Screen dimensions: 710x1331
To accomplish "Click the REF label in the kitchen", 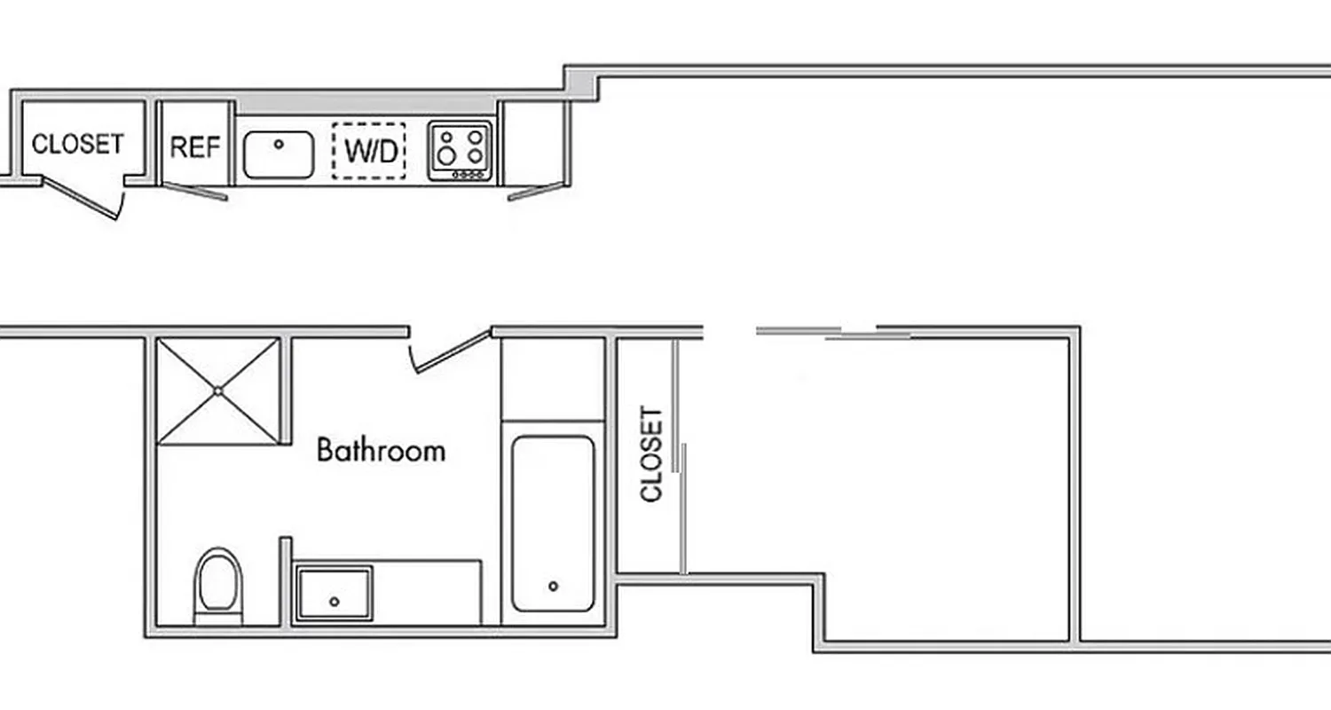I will (x=194, y=146).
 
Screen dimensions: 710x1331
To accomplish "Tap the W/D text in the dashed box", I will (x=371, y=152).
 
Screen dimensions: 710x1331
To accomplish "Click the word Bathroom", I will (x=381, y=450).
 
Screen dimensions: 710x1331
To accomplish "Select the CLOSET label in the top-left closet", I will (x=78, y=143).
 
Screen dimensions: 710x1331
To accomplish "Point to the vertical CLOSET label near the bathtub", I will (x=651, y=454).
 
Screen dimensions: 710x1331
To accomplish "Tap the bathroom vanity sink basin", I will (x=334, y=595).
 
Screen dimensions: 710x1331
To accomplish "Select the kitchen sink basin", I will (x=279, y=154).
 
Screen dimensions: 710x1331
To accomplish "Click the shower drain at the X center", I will (x=218, y=390).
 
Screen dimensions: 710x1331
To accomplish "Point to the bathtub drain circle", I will (x=554, y=586).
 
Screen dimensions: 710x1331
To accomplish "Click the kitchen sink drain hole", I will (x=280, y=143).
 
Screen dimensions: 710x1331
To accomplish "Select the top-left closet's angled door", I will (x=81, y=199).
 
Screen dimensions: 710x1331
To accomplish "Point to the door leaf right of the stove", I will (x=536, y=191).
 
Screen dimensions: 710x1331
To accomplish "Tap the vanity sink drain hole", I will (x=335, y=602).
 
